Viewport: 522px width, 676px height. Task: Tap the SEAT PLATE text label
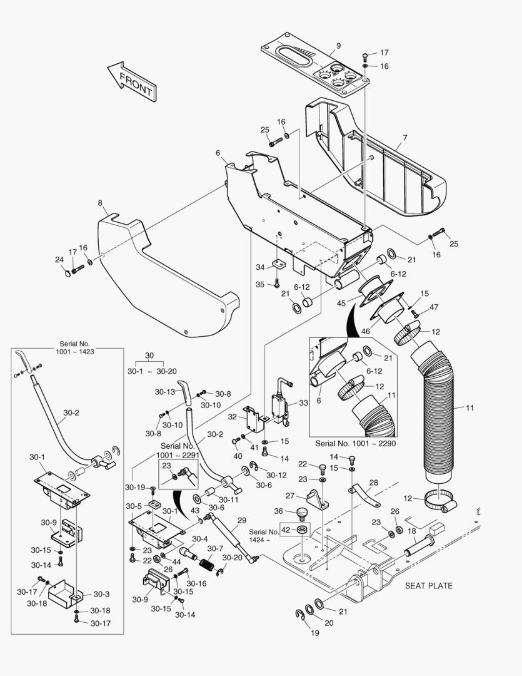(x=429, y=586)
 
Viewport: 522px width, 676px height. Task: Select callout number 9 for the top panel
(x=338, y=46)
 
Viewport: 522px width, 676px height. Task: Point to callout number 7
(x=404, y=137)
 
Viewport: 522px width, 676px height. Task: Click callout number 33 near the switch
(x=303, y=403)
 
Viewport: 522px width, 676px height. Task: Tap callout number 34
(x=260, y=267)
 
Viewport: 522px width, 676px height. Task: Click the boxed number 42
(x=286, y=530)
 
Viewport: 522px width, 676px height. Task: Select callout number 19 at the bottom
(x=314, y=633)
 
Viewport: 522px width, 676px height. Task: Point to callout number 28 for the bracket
(x=373, y=483)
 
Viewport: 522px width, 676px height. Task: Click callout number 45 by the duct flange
(x=341, y=304)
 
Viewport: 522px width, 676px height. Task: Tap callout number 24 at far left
(x=59, y=260)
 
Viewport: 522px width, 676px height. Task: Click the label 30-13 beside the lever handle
(x=166, y=392)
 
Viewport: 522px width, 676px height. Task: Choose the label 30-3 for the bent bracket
(x=101, y=594)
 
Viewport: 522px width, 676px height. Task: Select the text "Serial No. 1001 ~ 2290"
(x=355, y=443)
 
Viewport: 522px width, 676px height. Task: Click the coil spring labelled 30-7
(x=207, y=562)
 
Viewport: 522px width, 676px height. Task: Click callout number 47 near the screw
(x=434, y=307)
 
